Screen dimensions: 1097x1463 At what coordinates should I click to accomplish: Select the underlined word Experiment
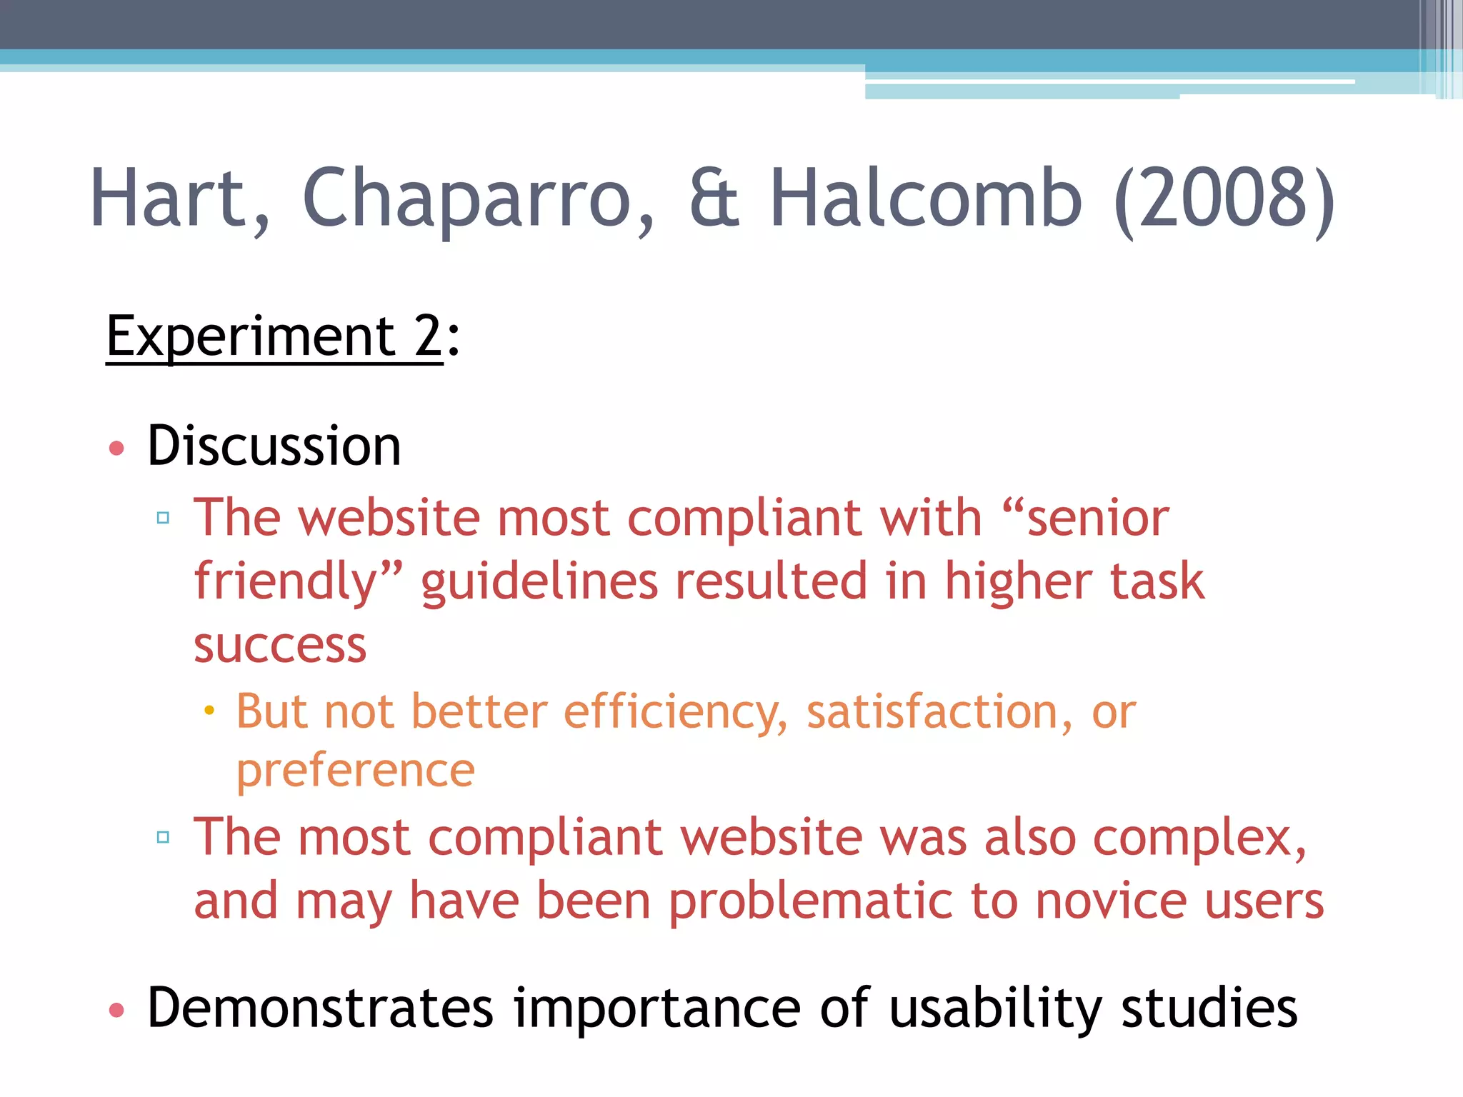pos(250,336)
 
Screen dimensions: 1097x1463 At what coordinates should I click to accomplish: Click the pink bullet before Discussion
pos(116,449)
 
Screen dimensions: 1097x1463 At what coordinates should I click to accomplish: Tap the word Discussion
pos(274,446)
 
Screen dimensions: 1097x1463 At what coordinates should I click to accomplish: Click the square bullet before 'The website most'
pos(163,518)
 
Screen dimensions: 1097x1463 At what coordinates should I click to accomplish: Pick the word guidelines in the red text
pos(539,582)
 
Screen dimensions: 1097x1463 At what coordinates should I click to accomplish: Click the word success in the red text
pos(280,646)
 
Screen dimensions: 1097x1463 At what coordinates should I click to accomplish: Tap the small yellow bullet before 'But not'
pos(209,711)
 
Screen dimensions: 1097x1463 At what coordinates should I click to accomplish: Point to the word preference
pos(356,771)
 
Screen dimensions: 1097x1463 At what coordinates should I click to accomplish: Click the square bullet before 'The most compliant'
pos(163,837)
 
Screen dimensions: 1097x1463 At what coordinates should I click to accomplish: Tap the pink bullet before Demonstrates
pos(116,1010)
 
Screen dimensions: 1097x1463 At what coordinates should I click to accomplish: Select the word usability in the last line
pos(996,1008)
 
